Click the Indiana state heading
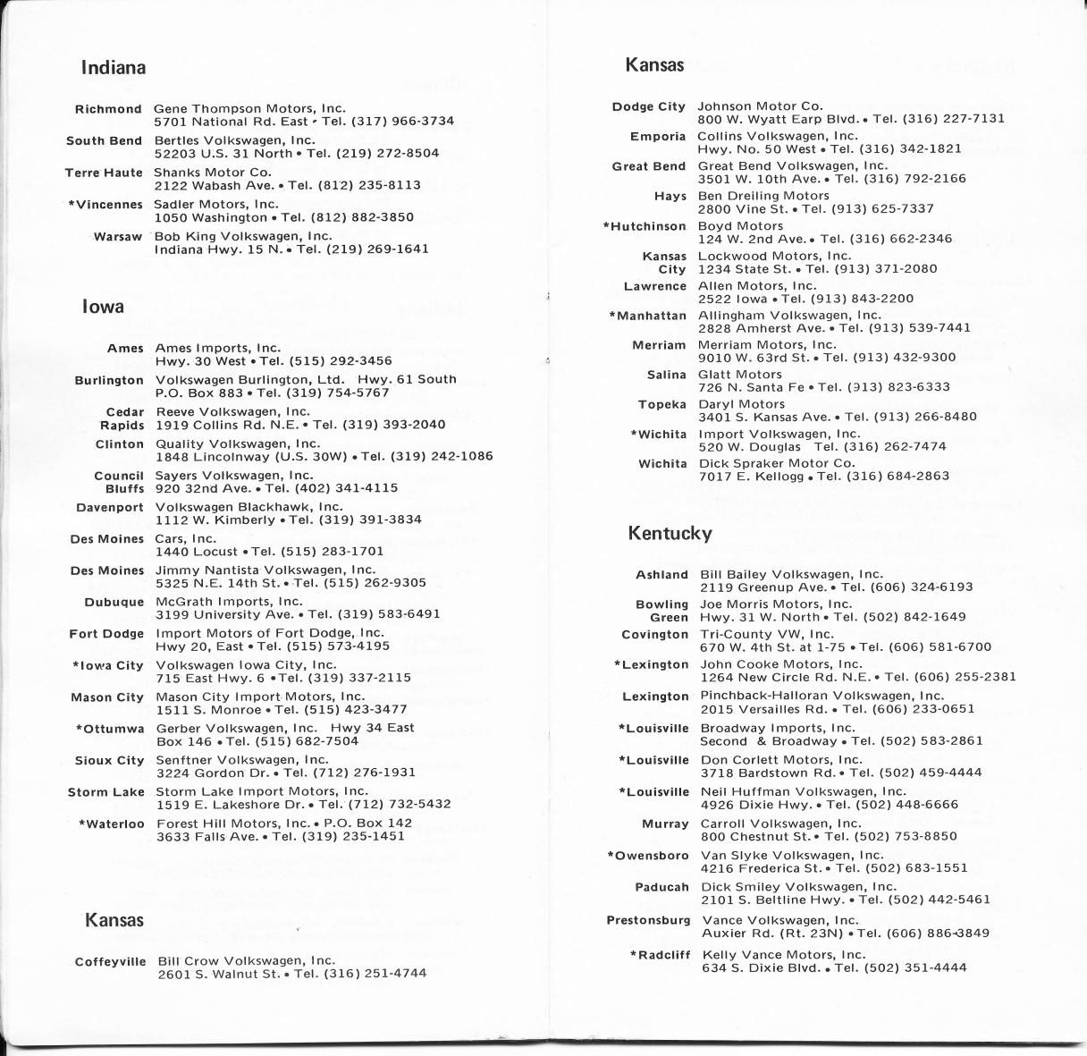pos(113,68)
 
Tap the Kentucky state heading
pos(670,534)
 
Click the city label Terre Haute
pos(104,173)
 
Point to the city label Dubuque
pos(114,603)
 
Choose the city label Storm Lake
pos(106,792)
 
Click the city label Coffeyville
pos(111,961)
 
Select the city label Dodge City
pos(649,106)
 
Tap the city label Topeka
pos(662,404)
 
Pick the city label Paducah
pos(662,887)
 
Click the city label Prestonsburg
pos(649,920)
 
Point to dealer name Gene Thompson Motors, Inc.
pos(249,109)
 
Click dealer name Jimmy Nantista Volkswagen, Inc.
pos(265,570)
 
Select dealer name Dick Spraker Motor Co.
pos(777,463)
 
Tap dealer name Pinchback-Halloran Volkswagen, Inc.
pos(822,696)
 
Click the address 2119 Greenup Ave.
pos(763,587)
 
